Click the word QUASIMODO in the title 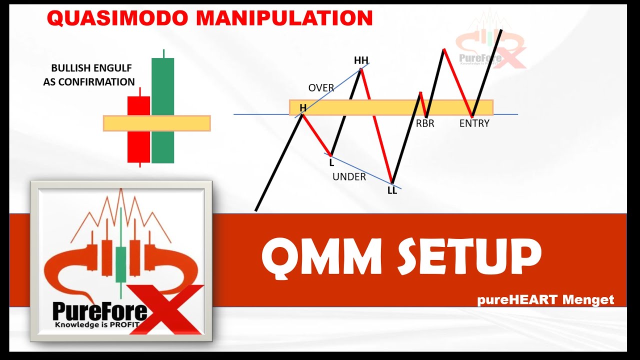tap(116, 18)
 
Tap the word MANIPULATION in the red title tap(284, 18)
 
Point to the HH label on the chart tap(361, 60)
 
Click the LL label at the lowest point tap(392, 190)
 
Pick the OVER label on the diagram tap(321, 88)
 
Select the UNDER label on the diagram tap(349, 176)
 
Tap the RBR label tap(425, 123)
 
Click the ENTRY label tap(474, 123)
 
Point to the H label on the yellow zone tap(302, 107)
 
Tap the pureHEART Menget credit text tap(545, 299)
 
